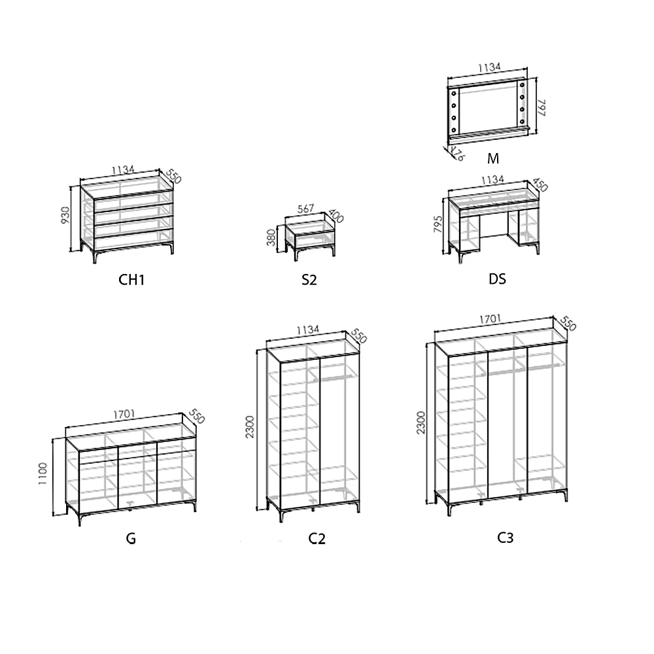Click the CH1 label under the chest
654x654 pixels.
pos(131,280)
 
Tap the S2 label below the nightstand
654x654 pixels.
pos(309,280)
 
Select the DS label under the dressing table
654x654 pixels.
pos(497,279)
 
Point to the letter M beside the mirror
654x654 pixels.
pos(493,158)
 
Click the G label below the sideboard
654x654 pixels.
pos(131,539)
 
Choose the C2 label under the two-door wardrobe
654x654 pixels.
pos(317,539)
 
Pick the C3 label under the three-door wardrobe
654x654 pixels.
pos(505,538)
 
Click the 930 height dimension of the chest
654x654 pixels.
pos(65,216)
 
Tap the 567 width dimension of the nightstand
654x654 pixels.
pos(305,209)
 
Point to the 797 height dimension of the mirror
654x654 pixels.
pos(542,107)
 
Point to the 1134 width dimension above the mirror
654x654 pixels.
pos(489,67)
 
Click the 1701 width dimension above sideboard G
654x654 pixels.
pos(124,414)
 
